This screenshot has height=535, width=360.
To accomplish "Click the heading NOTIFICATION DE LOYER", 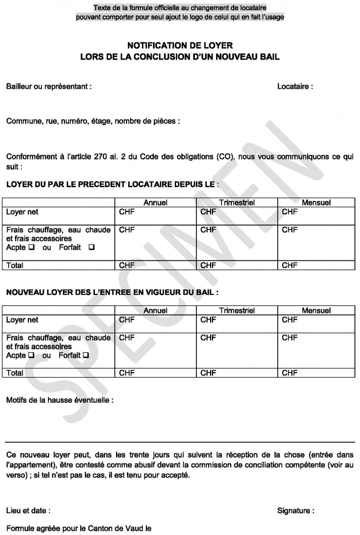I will pos(180,45).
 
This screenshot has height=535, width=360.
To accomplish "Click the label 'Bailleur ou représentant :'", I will pos(48,86).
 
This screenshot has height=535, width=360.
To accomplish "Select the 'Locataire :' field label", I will pos(295,86).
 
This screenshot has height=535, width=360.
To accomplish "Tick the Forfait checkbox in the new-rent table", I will pos(86,356).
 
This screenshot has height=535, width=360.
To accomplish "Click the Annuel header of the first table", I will pos(156,202).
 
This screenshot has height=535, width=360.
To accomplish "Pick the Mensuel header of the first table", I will pos(316,202).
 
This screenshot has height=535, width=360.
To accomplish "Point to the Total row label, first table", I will pos(15,265).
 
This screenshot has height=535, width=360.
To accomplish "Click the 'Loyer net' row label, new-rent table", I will pos(22,320).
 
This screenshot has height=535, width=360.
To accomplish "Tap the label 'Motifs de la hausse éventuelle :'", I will pos(60,401).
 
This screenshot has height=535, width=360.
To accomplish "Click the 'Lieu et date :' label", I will pos(28,511).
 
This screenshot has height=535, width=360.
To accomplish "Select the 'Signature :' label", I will pos(295,511).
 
